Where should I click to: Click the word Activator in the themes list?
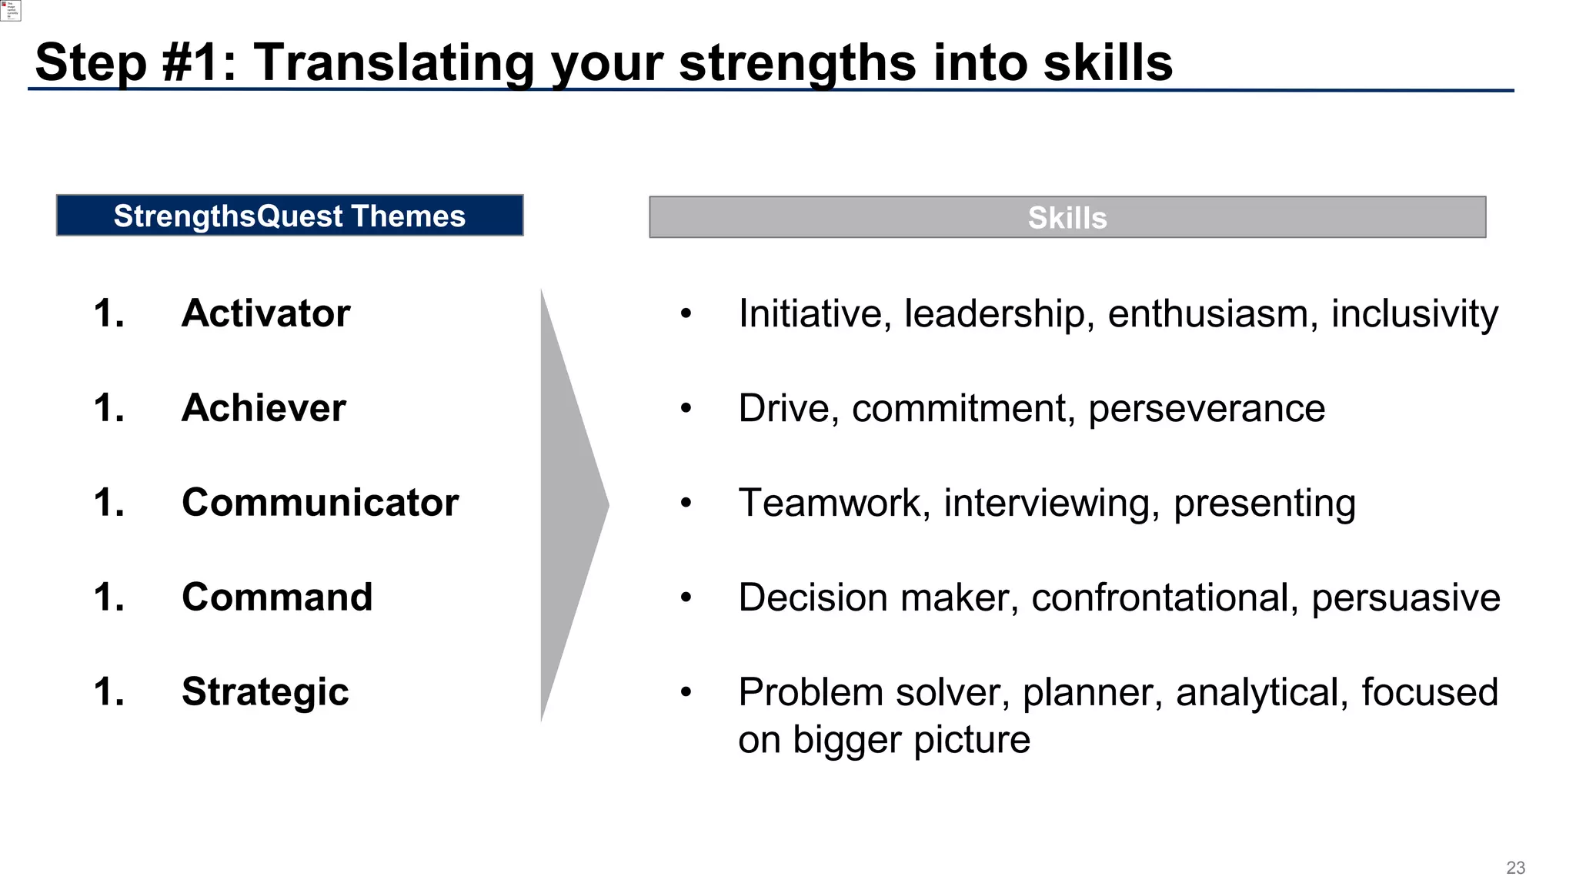pyautogui.click(x=265, y=313)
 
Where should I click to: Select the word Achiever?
pyautogui.click(x=263, y=408)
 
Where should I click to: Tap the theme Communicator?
pyautogui.click(x=319, y=503)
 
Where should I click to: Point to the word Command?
pyautogui.click(x=277, y=597)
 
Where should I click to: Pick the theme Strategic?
pyautogui.click(x=265, y=692)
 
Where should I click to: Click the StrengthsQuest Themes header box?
pyautogui.click(x=289, y=216)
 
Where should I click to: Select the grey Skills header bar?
pyautogui.click(x=1067, y=217)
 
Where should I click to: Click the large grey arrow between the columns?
pyautogui.click(x=569, y=505)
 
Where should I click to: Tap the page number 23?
pyautogui.click(x=1515, y=868)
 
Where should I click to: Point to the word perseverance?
pyautogui.click(x=1206, y=409)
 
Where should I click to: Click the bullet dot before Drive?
pyautogui.click(x=686, y=409)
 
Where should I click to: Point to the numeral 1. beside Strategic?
pyautogui.click(x=109, y=692)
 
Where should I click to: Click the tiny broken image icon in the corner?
pyautogui.click(x=10, y=10)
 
